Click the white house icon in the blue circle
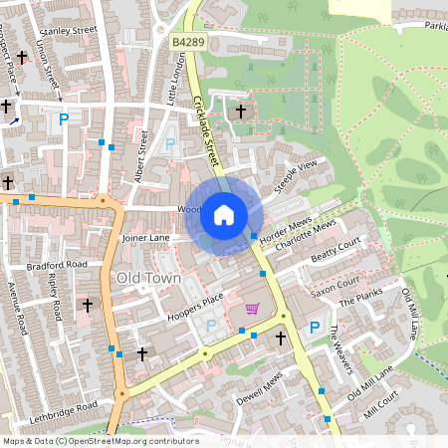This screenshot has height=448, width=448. point(224,214)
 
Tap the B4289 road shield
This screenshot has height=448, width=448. point(187,43)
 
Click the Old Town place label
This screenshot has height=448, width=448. point(148,278)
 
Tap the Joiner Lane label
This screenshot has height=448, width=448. point(145,240)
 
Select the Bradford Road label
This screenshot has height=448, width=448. point(58,267)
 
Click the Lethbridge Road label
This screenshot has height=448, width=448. point(65,408)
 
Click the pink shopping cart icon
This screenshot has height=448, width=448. point(252,309)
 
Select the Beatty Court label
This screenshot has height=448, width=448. point(336,250)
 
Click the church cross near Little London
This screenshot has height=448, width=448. point(240,110)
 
